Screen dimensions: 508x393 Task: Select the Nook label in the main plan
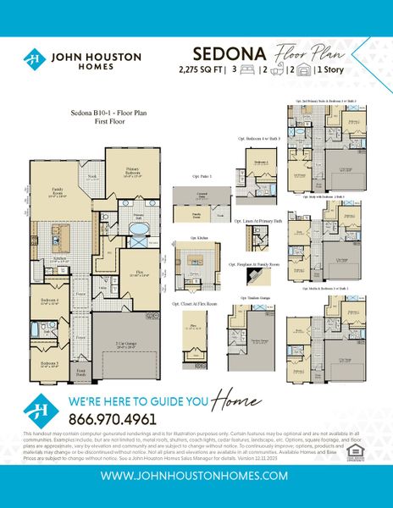91,176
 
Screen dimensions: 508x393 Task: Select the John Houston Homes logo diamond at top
35,59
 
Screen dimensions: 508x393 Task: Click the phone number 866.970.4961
112,417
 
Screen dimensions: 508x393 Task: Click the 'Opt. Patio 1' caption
201,176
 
